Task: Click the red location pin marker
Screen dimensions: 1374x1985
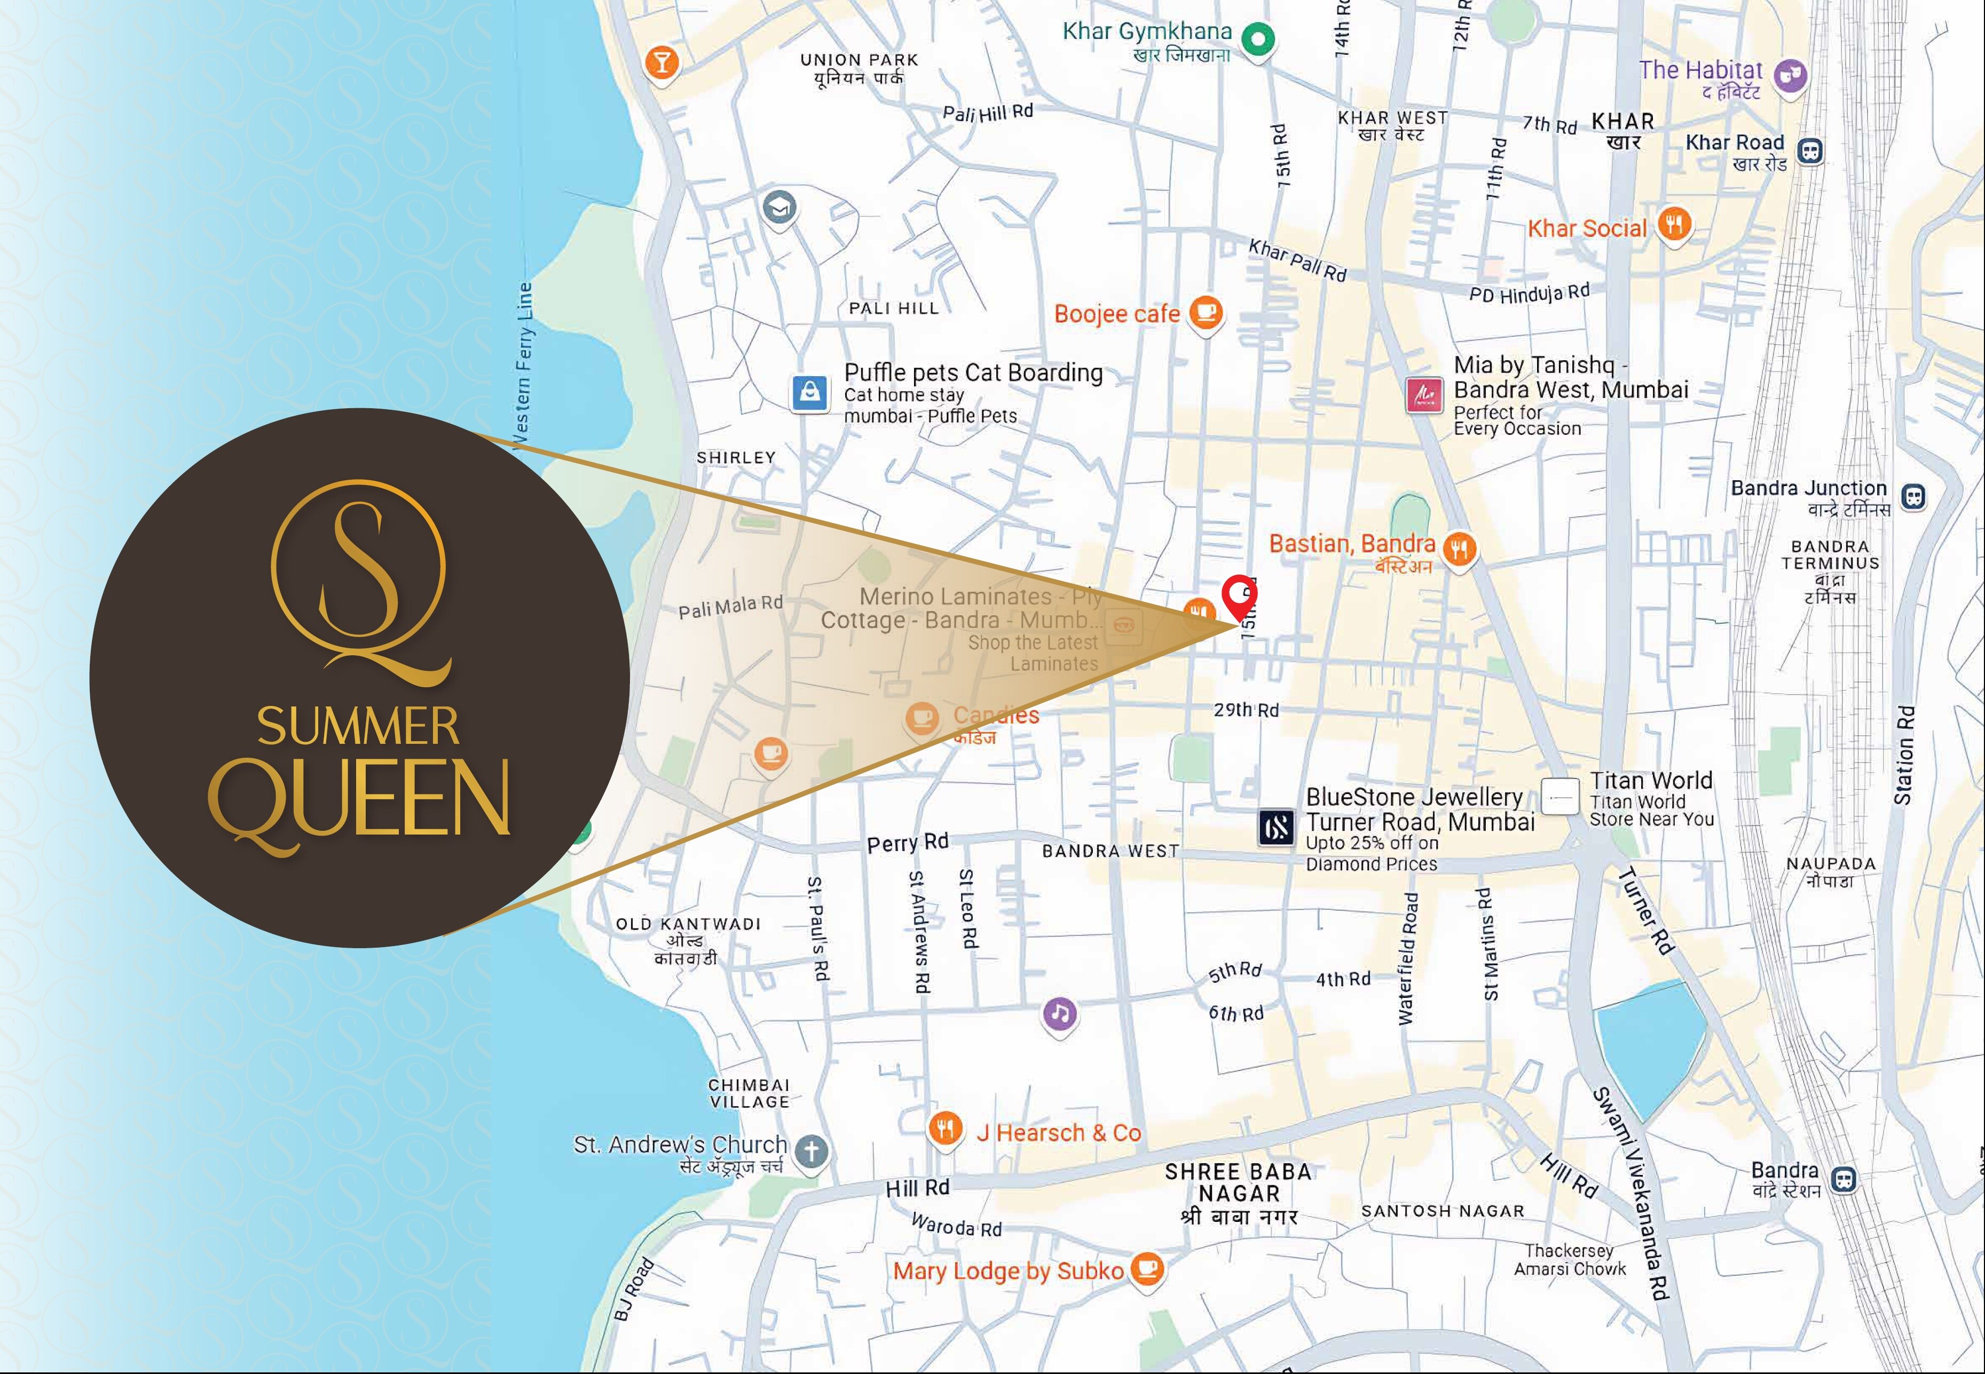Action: click(1239, 594)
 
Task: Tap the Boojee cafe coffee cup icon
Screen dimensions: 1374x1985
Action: click(1206, 312)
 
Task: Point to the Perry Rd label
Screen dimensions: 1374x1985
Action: click(908, 842)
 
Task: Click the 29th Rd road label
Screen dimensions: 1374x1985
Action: click(1245, 710)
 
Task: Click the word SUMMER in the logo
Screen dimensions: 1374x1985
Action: click(358, 727)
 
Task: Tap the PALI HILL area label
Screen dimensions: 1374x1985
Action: click(893, 308)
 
